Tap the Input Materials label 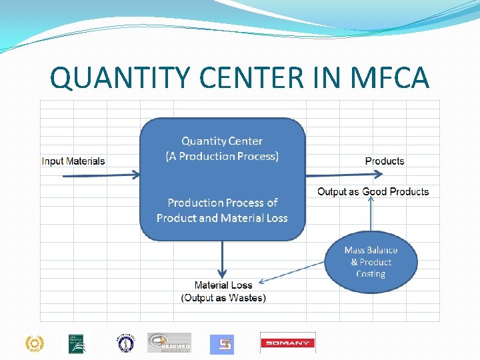[73, 161]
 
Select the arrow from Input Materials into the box [100, 175]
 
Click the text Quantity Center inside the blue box [222, 141]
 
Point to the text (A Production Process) [222, 157]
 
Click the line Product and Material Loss [222, 218]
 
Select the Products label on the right [385, 161]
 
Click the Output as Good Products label [373, 192]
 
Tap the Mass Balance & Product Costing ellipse [371, 262]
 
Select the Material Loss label [223, 285]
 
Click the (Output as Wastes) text [223, 298]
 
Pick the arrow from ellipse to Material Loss [293, 272]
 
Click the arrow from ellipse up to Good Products [371, 217]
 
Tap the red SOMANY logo [287, 343]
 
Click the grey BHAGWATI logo [169, 343]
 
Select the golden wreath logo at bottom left [33, 343]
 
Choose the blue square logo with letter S [222, 344]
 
